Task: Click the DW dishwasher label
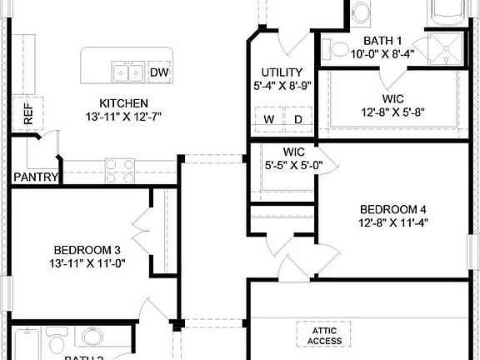pyautogui.click(x=158, y=72)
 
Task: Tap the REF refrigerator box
pyautogui.click(x=28, y=113)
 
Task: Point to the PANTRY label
pyautogui.click(x=35, y=177)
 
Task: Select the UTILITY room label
pyautogui.click(x=282, y=72)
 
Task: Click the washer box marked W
pyautogui.click(x=269, y=118)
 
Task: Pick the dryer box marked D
pyautogui.click(x=297, y=118)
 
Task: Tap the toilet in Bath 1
pyautogui.click(x=338, y=51)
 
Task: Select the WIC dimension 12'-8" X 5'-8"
pyautogui.click(x=392, y=113)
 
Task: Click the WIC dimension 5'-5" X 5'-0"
pyautogui.click(x=292, y=165)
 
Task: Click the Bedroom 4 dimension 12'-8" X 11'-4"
pyautogui.click(x=393, y=222)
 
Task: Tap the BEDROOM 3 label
pyautogui.click(x=87, y=250)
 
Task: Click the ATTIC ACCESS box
pyautogui.click(x=324, y=335)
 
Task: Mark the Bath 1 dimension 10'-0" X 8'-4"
pyautogui.click(x=382, y=54)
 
